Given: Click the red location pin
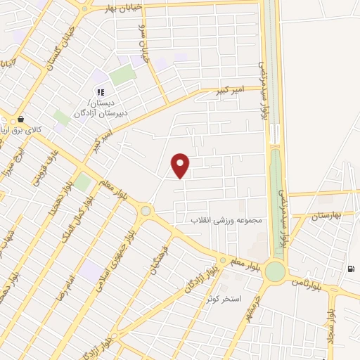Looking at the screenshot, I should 181,165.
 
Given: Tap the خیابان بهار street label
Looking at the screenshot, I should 124,9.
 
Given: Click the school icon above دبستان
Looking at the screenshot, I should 100,91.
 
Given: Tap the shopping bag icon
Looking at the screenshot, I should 21,120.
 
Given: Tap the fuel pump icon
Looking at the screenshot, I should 350,269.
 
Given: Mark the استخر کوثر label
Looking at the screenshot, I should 224,299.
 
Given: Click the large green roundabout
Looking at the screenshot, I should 276,271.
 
